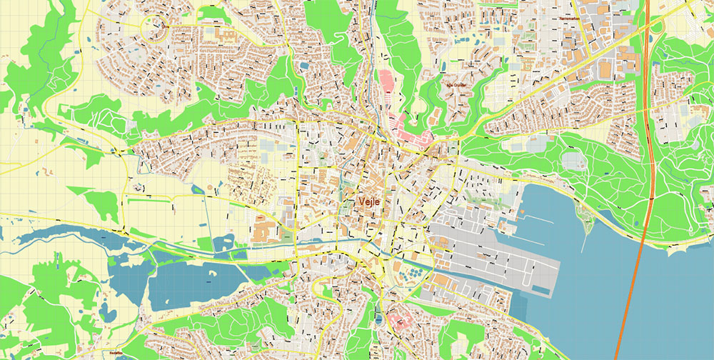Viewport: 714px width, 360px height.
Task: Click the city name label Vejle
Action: point(368,202)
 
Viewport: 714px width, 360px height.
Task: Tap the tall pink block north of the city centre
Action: point(385,82)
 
